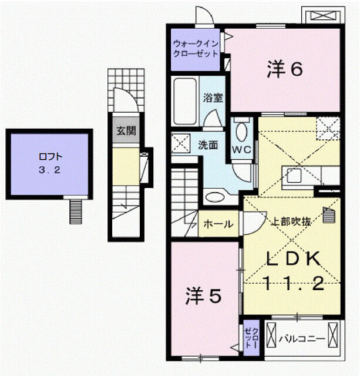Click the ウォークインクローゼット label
coord(196,48)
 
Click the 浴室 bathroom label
coord(213,98)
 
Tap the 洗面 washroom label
coord(207,144)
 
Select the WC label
coord(242,149)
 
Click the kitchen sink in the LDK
coord(294,175)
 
